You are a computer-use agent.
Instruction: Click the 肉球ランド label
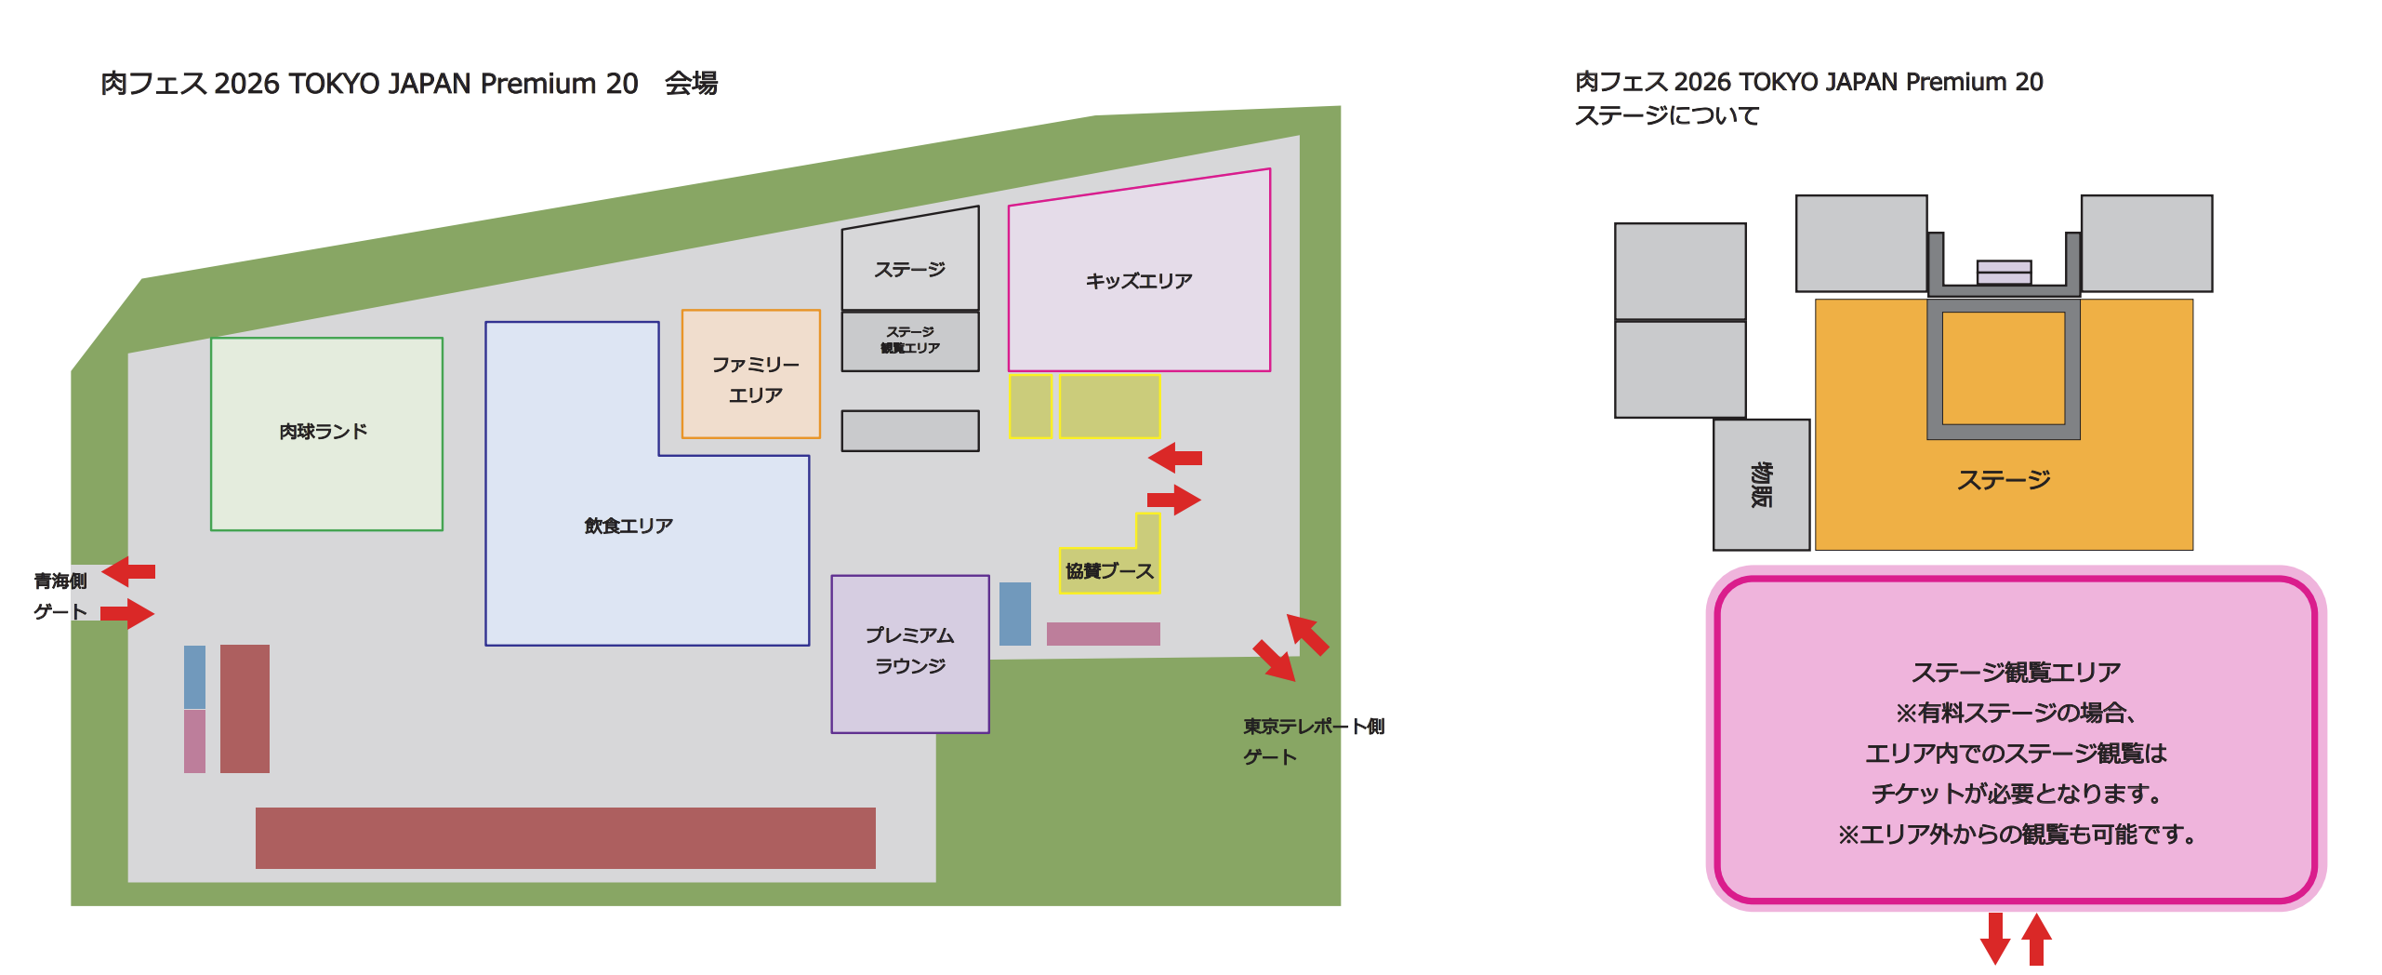[x=324, y=432]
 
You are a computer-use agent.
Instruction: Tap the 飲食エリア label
[x=629, y=526]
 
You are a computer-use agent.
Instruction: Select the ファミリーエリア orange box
[x=751, y=374]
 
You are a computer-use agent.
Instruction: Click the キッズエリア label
[x=1138, y=281]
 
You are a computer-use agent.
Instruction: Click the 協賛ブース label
[x=1109, y=571]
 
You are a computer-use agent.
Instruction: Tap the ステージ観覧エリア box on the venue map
[x=909, y=341]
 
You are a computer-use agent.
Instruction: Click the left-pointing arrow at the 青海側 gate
[x=129, y=570]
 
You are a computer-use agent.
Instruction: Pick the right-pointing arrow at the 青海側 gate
[x=127, y=613]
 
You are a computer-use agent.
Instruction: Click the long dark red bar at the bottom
[x=565, y=837]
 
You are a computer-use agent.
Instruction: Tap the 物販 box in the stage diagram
[x=1761, y=485]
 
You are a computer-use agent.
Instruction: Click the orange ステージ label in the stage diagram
[x=2004, y=480]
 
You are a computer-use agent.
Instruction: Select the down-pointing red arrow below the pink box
[x=1994, y=939]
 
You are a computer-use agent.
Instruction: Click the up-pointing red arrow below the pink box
[x=2036, y=939]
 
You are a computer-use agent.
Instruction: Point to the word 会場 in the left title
[x=691, y=84]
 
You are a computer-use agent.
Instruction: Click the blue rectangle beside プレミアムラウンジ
[x=1014, y=613]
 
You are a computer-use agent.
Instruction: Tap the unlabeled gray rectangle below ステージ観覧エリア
[x=909, y=431]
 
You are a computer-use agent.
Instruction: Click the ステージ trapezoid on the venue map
[x=909, y=265]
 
